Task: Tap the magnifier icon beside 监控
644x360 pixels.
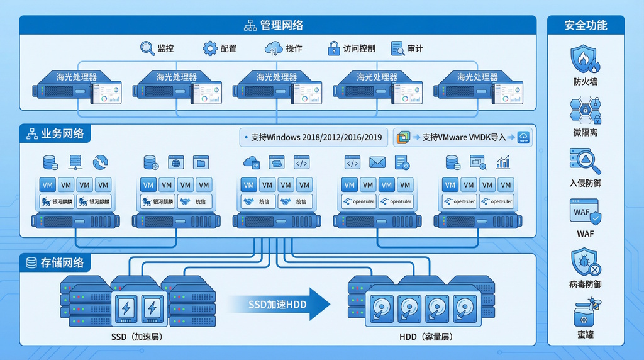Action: [147, 48]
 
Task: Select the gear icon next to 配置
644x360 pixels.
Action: [209, 48]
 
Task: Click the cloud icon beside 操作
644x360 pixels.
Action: [274, 48]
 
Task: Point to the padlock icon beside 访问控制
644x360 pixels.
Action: [333, 48]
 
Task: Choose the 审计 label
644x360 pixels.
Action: [415, 48]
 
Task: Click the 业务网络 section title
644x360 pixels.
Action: [62, 134]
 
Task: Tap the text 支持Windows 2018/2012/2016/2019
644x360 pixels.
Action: [316, 137]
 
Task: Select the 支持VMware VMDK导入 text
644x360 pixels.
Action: [464, 137]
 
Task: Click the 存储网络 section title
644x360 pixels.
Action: [62, 263]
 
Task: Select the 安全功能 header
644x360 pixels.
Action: [586, 25]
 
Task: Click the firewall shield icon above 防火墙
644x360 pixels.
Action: [586, 59]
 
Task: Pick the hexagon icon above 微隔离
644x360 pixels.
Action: [586, 111]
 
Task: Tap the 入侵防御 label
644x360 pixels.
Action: [586, 183]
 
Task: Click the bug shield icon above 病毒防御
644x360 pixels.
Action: [586, 261]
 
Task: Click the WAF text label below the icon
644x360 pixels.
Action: [586, 233]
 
